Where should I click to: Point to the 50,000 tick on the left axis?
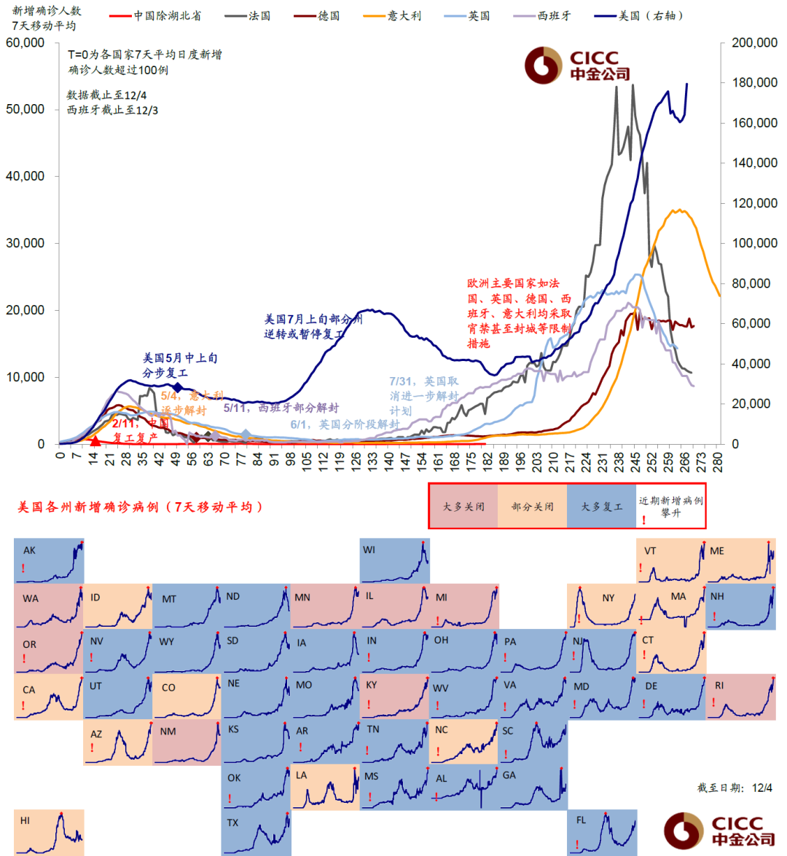[x=26, y=109]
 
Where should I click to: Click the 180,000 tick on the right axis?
[x=754, y=83]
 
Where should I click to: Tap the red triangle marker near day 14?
[x=95, y=440]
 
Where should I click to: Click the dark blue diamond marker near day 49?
[x=177, y=387]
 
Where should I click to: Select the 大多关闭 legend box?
[x=463, y=506]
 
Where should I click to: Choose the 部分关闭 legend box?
[x=532, y=506]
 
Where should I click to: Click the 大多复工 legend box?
[x=601, y=506]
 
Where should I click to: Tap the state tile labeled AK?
[x=49, y=560]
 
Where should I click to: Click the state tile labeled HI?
[x=49, y=832]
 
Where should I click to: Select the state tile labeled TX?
[x=256, y=832]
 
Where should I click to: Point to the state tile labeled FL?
[x=602, y=832]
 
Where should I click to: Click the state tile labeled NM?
[x=187, y=742]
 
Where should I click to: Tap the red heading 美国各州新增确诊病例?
[x=139, y=507]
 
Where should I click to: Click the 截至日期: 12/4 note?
[x=735, y=788]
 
